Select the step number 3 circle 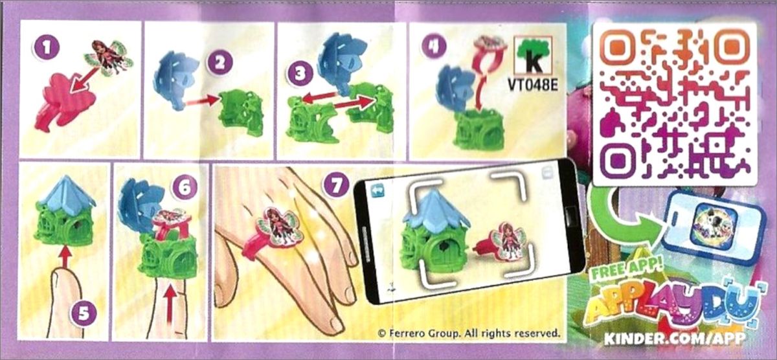[300, 74]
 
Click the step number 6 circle [184, 188]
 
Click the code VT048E [532, 84]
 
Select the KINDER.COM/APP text [674, 337]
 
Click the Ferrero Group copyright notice [469, 333]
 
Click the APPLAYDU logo [673, 304]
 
